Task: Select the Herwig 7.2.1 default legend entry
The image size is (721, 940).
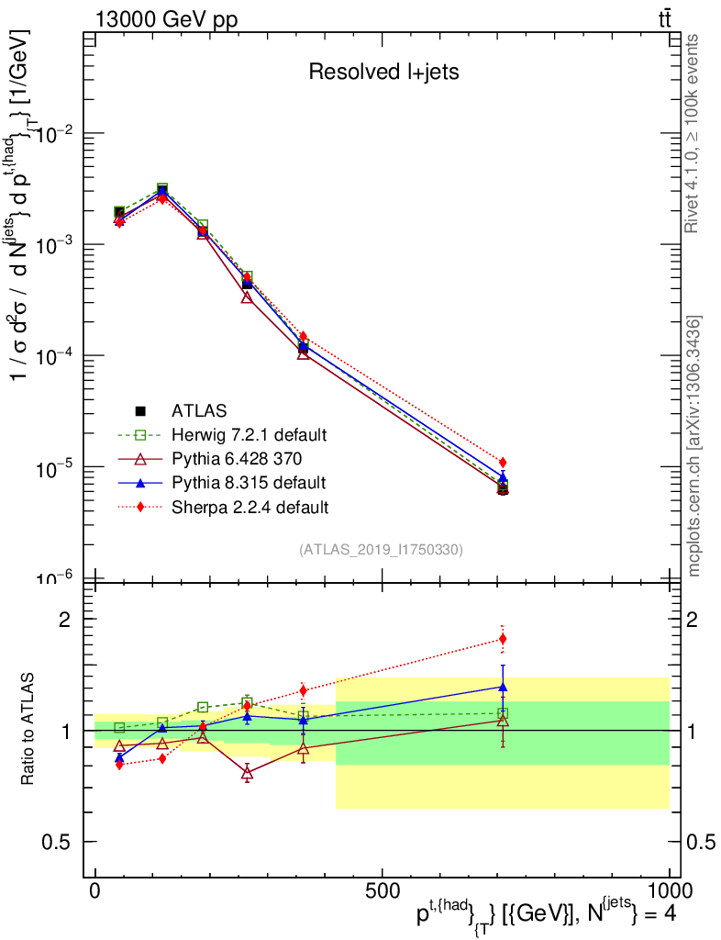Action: (x=249, y=434)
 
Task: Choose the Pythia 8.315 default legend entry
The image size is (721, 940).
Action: (x=248, y=482)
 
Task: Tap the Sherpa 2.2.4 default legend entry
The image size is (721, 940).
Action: (x=250, y=506)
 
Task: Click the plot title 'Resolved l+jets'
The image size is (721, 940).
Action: (x=383, y=72)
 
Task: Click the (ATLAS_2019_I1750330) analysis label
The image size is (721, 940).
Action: (x=381, y=550)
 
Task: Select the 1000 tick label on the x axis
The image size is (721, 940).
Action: (x=669, y=891)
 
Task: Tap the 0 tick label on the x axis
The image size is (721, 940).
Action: (x=94, y=891)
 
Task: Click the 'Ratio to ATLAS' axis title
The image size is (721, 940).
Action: (x=28, y=730)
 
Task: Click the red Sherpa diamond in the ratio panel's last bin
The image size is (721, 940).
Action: (x=503, y=639)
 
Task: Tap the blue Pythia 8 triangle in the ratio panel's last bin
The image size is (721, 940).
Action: (x=503, y=686)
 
